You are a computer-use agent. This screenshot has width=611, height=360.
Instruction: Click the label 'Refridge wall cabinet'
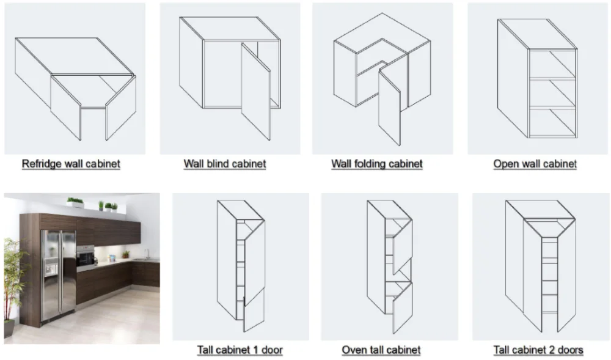click(x=71, y=164)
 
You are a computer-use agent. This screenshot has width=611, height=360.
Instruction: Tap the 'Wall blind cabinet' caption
click(x=225, y=164)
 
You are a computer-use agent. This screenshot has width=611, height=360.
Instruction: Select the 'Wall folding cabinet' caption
click(x=377, y=164)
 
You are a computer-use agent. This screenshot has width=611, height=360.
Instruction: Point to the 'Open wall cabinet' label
click(x=535, y=164)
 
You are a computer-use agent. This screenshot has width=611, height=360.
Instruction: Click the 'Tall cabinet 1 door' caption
click(x=240, y=350)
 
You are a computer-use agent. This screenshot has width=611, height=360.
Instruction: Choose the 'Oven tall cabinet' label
click(x=381, y=350)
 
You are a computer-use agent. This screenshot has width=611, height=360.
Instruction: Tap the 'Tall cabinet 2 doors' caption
click(x=538, y=350)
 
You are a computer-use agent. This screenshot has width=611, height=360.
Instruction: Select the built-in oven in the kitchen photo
click(x=86, y=257)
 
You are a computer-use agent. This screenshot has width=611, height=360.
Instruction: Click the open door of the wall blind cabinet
click(x=255, y=91)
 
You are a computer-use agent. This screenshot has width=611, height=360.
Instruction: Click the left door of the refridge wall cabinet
click(x=65, y=107)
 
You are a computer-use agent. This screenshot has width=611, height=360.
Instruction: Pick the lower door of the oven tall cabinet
click(x=403, y=307)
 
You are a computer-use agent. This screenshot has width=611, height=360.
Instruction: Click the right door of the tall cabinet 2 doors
click(x=566, y=274)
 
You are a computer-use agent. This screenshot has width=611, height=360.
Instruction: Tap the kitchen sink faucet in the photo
click(x=147, y=254)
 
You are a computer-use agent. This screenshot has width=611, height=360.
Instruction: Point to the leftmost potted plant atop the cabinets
click(x=75, y=202)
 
